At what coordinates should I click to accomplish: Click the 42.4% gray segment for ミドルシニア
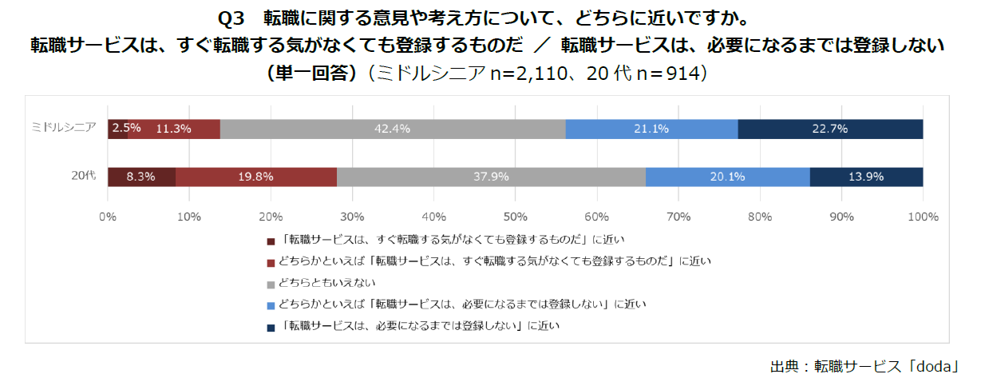pos(393,129)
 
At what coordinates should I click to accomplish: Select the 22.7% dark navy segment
pos(830,129)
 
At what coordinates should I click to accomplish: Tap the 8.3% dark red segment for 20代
pos(141,177)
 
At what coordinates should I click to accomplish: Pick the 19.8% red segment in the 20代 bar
pos(255,177)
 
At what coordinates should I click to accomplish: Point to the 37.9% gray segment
pos(491,177)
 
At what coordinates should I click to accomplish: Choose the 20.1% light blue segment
pos(727,177)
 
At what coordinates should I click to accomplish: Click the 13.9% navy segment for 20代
pos(866,177)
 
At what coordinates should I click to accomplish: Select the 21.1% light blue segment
pos(651,129)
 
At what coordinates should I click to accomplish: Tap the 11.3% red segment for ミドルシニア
pos(173,129)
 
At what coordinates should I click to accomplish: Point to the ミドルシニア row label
pos(64,128)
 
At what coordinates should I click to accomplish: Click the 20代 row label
pos(85,176)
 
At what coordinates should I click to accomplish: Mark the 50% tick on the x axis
pos(515,217)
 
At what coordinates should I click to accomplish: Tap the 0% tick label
pos(108,217)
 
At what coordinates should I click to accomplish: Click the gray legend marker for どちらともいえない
pos(271,284)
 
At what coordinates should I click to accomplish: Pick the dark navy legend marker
pos(271,326)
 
